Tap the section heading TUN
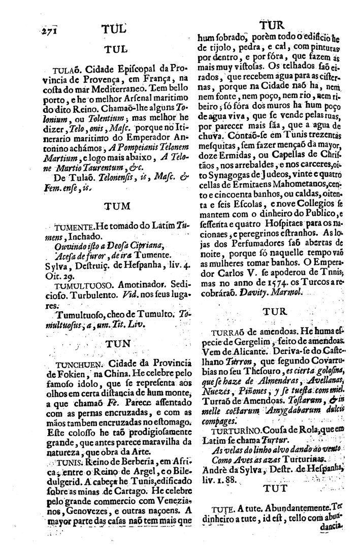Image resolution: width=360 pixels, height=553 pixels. click(x=117, y=343)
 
